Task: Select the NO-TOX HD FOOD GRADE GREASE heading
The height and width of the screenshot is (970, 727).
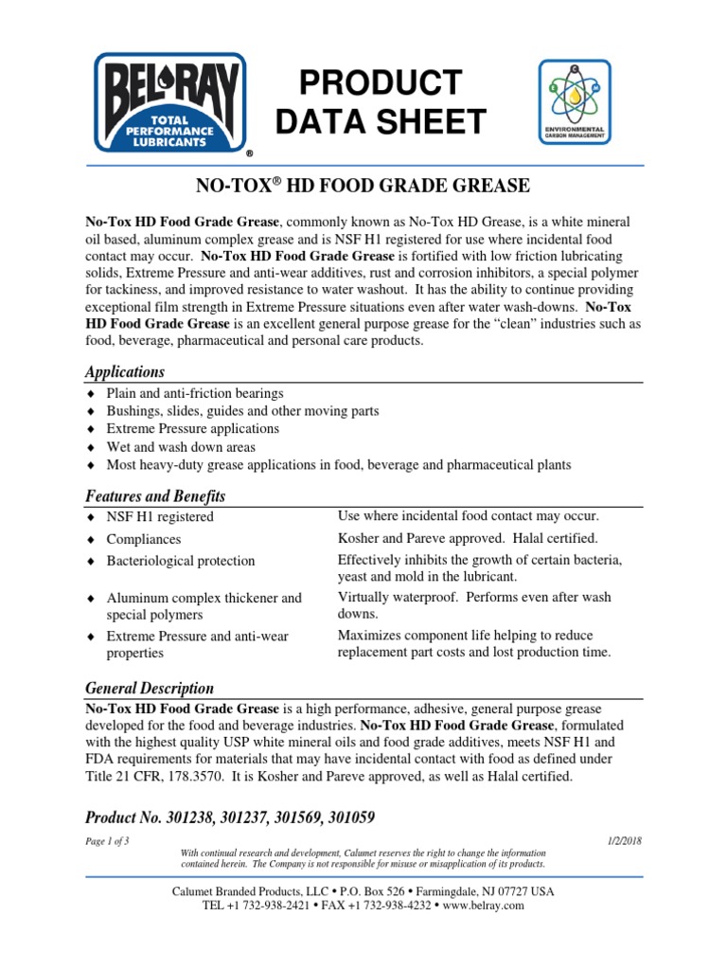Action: [363, 184]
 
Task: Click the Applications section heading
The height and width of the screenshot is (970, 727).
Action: [125, 371]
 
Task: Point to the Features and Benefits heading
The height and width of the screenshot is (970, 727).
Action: [155, 496]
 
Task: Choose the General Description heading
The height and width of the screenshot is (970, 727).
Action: [150, 688]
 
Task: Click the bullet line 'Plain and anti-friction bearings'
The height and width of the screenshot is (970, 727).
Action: [194, 393]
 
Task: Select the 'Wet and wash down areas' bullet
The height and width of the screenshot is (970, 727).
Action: [180, 447]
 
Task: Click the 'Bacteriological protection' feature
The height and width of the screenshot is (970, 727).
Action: [181, 561]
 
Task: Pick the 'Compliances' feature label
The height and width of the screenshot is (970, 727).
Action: [144, 539]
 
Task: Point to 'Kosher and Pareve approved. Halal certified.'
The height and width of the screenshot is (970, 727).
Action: [468, 538]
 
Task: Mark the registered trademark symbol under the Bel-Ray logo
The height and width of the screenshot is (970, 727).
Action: [249, 153]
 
